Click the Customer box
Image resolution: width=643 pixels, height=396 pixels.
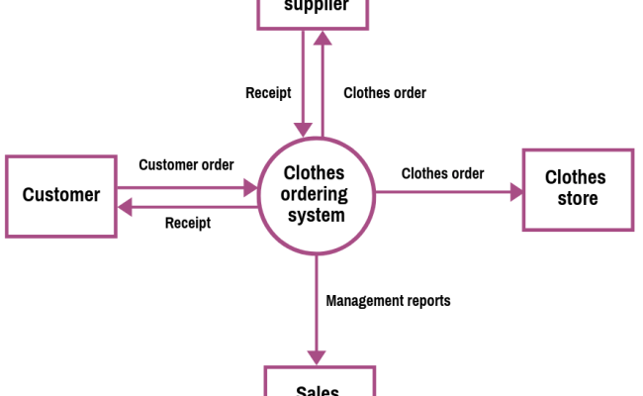tap(61, 195)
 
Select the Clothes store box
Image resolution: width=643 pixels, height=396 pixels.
tap(578, 189)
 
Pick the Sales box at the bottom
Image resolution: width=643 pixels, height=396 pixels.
tap(319, 384)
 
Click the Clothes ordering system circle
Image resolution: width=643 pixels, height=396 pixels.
tap(317, 194)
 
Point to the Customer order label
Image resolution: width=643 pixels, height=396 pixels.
tap(186, 164)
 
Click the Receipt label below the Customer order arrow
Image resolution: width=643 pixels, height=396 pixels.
tap(187, 223)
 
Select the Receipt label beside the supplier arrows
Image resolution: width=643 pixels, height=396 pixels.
tap(268, 93)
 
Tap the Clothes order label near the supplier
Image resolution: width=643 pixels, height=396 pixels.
tap(385, 93)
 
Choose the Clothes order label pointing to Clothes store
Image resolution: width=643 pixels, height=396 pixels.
tap(442, 173)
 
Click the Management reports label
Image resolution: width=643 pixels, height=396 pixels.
tap(388, 301)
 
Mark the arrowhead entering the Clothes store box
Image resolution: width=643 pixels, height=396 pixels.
tap(516, 193)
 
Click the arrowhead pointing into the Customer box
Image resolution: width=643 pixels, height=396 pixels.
tap(124, 206)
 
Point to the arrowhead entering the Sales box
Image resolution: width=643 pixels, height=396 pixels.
tap(317, 358)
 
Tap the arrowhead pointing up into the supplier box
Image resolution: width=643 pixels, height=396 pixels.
tap(323, 38)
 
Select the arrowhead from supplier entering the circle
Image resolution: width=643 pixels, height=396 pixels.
tap(303, 129)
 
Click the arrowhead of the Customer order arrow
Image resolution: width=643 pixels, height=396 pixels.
tap(250, 185)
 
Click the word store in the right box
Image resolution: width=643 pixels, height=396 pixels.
tap(578, 199)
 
